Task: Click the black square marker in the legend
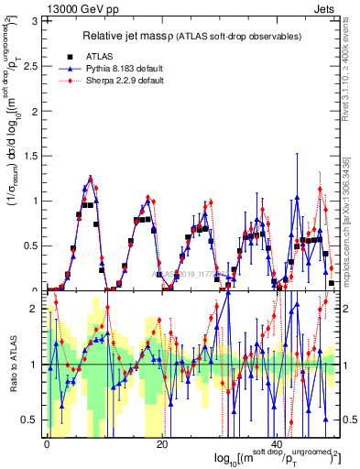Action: click(68, 56)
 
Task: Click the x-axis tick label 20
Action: click(161, 444)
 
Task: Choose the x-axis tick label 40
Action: click(278, 444)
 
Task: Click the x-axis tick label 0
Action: click(47, 444)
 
